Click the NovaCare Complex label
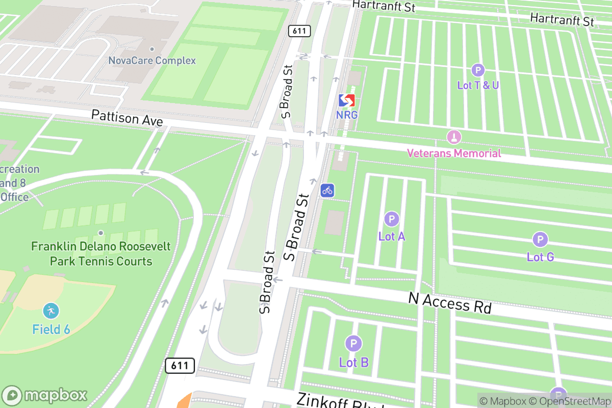pyautogui.click(x=152, y=61)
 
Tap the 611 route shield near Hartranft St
pyautogui.click(x=299, y=31)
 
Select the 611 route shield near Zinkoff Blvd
pyautogui.click(x=180, y=365)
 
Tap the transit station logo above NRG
pyautogui.click(x=347, y=100)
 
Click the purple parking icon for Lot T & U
pyautogui.click(x=478, y=70)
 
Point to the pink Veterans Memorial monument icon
pyautogui.click(x=453, y=137)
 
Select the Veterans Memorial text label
pyautogui.click(x=453, y=153)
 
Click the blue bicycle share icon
pyautogui.click(x=327, y=190)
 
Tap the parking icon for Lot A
pyautogui.click(x=391, y=219)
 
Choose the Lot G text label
pyautogui.click(x=540, y=257)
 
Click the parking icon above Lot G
pyautogui.click(x=540, y=239)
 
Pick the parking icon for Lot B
pyautogui.click(x=353, y=343)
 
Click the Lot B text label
pyautogui.click(x=353, y=363)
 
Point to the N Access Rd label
pyautogui.click(x=449, y=303)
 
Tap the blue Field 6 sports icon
pyautogui.click(x=51, y=311)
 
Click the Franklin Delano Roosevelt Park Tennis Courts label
pyautogui.click(x=101, y=254)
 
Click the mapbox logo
pyautogui.click(x=45, y=395)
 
